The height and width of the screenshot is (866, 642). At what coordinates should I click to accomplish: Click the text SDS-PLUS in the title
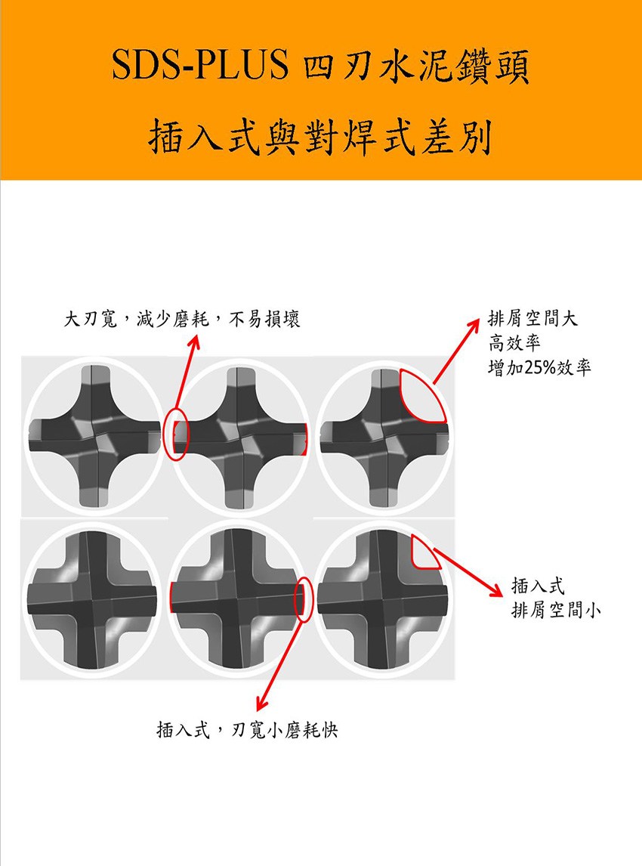pyautogui.click(x=200, y=65)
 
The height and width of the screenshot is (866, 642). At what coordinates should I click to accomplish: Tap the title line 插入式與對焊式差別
pyautogui.click(x=319, y=137)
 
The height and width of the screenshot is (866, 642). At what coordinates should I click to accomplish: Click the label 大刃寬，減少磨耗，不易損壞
pyautogui.click(x=181, y=319)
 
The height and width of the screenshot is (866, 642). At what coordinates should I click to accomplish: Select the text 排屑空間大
pyautogui.click(x=532, y=318)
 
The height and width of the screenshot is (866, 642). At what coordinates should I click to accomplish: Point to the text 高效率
pyautogui.click(x=514, y=343)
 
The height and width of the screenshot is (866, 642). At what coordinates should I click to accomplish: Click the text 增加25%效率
pyautogui.click(x=539, y=367)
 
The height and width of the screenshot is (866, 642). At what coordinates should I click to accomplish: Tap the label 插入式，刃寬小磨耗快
pyautogui.click(x=247, y=730)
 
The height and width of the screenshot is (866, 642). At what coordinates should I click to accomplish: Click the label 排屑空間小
pyautogui.click(x=556, y=611)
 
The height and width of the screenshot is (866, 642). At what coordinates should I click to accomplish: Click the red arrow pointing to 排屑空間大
pyautogui.click(x=456, y=351)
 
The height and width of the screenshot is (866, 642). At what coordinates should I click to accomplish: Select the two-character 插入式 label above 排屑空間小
pyautogui.click(x=539, y=586)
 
